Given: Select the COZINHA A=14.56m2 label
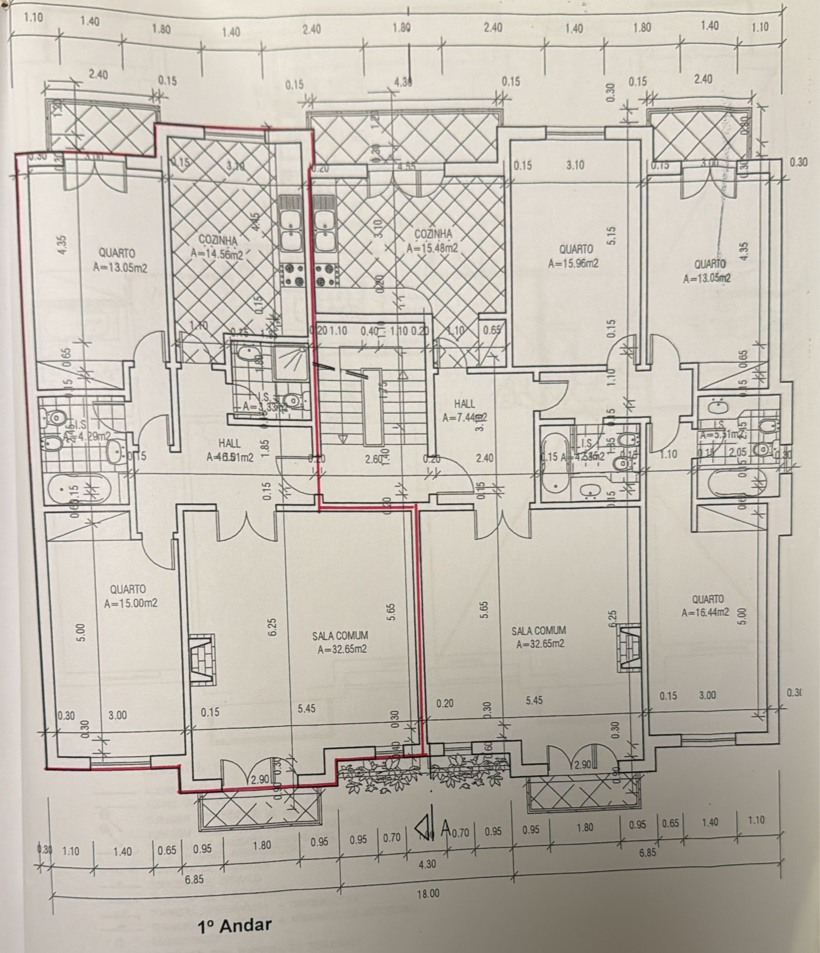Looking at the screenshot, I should pyautogui.click(x=217, y=247).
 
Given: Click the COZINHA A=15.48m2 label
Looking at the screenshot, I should pyautogui.click(x=433, y=241).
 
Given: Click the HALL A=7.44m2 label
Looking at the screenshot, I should pyautogui.click(x=464, y=411).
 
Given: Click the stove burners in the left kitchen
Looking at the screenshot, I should pyautogui.click(x=292, y=275).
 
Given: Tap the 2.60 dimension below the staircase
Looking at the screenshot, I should pyautogui.click(x=373, y=460).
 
